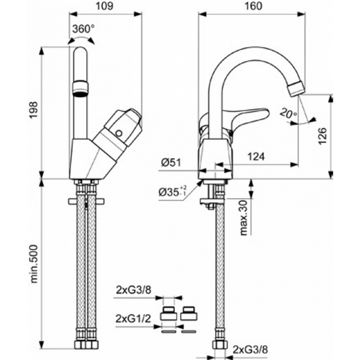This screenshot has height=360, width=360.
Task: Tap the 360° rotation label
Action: (x=83, y=28)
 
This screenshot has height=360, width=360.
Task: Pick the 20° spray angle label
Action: (x=288, y=113)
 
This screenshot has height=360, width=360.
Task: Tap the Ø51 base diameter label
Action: (x=171, y=162)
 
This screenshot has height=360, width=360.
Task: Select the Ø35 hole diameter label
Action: (x=172, y=192)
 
